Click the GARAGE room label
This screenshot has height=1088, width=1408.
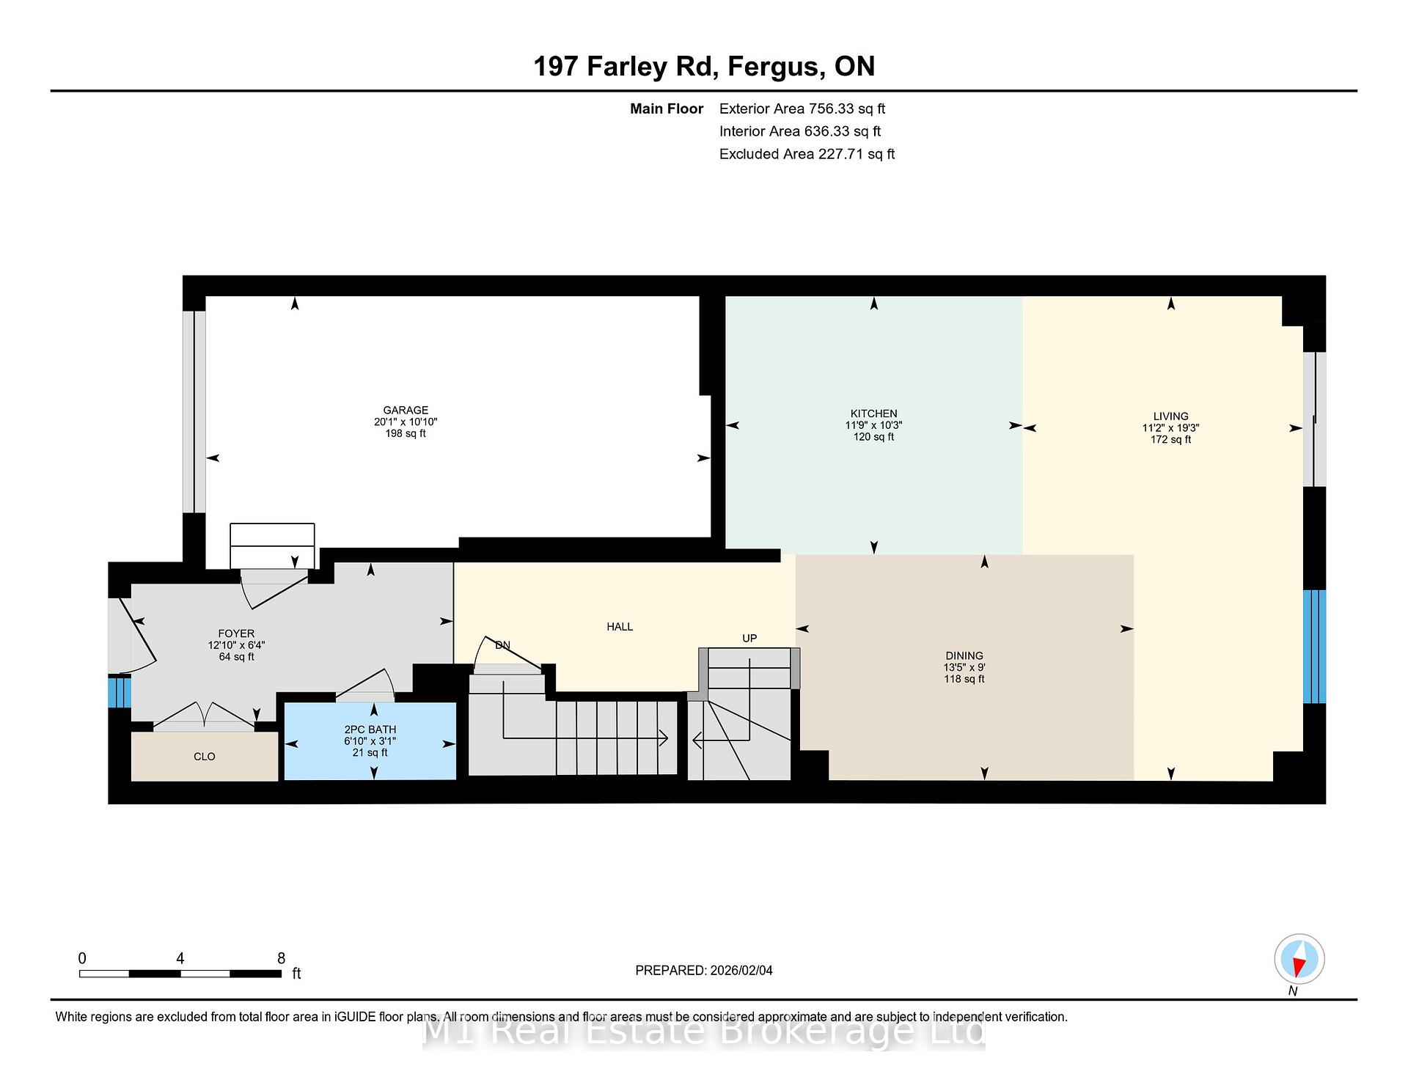(406, 411)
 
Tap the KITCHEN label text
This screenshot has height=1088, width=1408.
(873, 413)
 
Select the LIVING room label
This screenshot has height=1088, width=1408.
(1170, 416)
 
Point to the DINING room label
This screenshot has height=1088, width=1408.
(964, 656)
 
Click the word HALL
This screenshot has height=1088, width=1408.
(620, 627)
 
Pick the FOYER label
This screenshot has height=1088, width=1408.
(236, 633)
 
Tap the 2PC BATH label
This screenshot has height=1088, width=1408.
(370, 729)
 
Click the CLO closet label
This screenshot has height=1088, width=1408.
(205, 757)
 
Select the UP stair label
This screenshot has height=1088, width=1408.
(749, 639)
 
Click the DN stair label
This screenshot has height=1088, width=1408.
(502, 646)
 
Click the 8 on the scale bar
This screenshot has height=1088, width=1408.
(281, 958)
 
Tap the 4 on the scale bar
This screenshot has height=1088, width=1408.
(180, 958)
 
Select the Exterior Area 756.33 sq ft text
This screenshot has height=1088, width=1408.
(802, 109)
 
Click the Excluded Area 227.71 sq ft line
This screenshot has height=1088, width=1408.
(807, 154)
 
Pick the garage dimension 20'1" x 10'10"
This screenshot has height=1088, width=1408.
(406, 422)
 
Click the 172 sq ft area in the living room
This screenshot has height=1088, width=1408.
(1170, 440)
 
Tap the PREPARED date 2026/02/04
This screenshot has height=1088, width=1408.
(741, 971)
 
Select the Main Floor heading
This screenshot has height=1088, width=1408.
(667, 109)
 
